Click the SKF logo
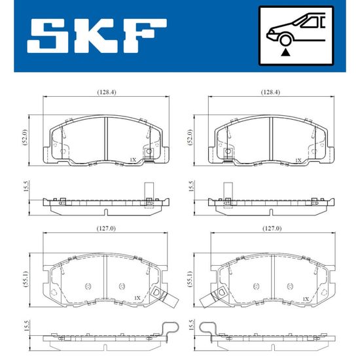pos(97,36)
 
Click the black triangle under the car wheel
pos(285,52)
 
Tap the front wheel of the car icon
pos(285,40)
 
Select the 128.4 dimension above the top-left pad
pos(107,92)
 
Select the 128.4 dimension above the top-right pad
pos(270,92)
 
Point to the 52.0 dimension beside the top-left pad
pos(25,137)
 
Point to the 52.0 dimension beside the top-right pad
pos(190,137)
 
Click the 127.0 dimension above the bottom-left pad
pos(106,228)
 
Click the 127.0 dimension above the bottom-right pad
pos(272,228)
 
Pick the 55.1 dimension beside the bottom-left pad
pos(26,279)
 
